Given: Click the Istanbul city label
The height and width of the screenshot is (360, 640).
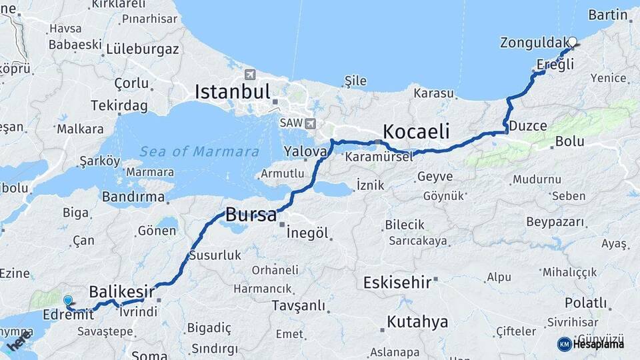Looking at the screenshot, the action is [x=232, y=91].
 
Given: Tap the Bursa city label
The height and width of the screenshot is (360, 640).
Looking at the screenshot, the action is [x=251, y=215].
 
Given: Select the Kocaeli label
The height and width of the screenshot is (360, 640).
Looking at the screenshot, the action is [x=416, y=129].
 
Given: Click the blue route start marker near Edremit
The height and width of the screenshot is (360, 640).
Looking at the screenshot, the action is [x=67, y=301].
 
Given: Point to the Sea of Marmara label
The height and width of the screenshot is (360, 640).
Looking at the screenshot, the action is [x=199, y=151].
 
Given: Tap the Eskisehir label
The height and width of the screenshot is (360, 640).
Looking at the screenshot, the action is [x=397, y=282].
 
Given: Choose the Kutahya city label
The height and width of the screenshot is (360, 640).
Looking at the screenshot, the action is [x=417, y=322].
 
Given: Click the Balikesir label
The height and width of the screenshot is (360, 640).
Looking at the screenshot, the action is [x=122, y=291].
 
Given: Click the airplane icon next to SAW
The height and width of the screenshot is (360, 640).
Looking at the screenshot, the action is [x=309, y=123].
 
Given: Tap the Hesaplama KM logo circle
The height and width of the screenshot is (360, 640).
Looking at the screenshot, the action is [x=564, y=344].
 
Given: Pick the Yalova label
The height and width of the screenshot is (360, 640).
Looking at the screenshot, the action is [x=305, y=151].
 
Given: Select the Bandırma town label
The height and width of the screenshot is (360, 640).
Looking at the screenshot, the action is [x=133, y=197].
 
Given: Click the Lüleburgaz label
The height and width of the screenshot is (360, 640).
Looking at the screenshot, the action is [x=142, y=49].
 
